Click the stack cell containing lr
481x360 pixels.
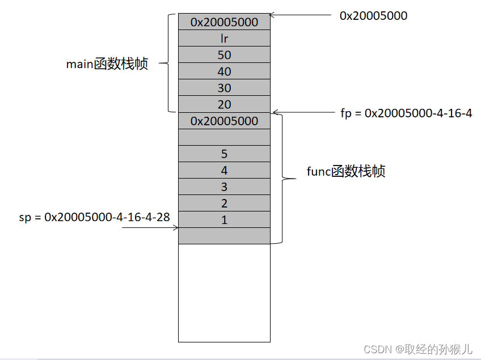pyautogui.click(x=224, y=39)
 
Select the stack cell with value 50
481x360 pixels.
pyautogui.click(x=224, y=55)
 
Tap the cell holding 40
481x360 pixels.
pyautogui.click(x=224, y=71)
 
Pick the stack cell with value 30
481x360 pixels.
pyautogui.click(x=224, y=88)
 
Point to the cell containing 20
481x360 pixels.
pyautogui.click(x=224, y=104)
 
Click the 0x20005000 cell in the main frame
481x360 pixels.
pyautogui.click(x=224, y=22)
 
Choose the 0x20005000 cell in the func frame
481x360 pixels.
pyautogui.click(x=224, y=121)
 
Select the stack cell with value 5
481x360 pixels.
pyautogui.click(x=224, y=154)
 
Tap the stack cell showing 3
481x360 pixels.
pyautogui.click(x=224, y=187)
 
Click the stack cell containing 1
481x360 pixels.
pyautogui.click(x=224, y=220)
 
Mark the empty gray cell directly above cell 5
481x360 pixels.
pyautogui.click(x=224, y=137)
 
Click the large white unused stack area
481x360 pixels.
pyautogui.click(x=224, y=292)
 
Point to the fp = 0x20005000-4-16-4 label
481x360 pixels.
pyautogui.click(x=406, y=113)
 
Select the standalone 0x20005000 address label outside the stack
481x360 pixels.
pyautogui.click(x=373, y=16)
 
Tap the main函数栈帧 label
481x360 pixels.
pyautogui.click(x=107, y=64)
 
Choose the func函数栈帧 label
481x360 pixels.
pyautogui.click(x=345, y=171)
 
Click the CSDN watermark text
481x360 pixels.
pyautogui.click(x=417, y=348)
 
